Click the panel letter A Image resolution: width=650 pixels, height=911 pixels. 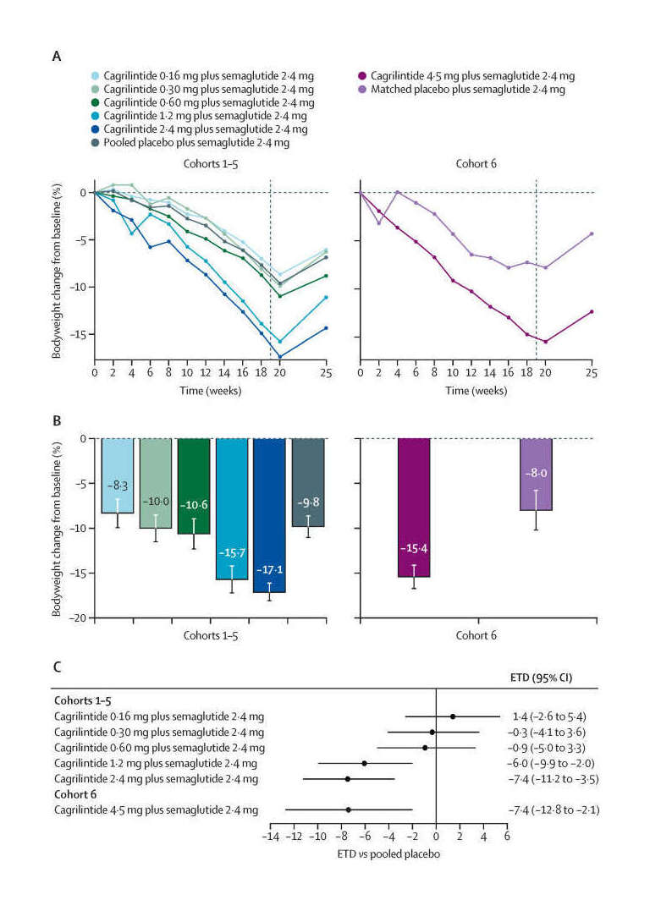[57, 57]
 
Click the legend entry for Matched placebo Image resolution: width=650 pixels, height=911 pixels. [466, 89]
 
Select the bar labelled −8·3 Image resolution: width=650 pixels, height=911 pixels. [118, 475]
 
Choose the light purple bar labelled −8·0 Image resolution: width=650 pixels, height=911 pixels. [536, 475]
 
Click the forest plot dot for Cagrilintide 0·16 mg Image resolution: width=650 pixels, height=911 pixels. [453, 716]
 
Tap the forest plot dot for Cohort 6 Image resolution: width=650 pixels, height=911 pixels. [348, 809]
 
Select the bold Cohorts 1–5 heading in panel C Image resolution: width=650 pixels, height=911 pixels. [80, 700]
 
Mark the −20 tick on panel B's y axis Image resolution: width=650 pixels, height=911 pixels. [80, 618]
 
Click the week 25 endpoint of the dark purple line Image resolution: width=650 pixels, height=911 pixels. [592, 312]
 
